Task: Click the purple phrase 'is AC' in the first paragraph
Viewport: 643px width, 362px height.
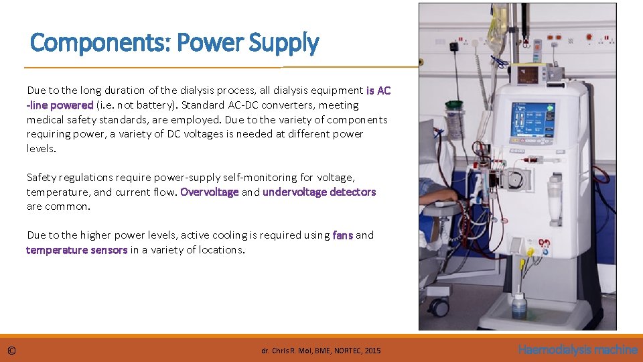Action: [378, 90]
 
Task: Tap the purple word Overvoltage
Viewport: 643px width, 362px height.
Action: [209, 192]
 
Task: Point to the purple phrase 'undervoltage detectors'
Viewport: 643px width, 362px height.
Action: [319, 192]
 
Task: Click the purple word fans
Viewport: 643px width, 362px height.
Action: [342, 235]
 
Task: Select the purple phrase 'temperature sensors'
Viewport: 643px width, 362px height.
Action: [76, 250]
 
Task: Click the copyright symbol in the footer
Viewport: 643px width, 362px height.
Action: [12, 351]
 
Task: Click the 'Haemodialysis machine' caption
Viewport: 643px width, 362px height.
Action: [577, 350]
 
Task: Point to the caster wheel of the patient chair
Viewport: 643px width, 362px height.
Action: [439, 307]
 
